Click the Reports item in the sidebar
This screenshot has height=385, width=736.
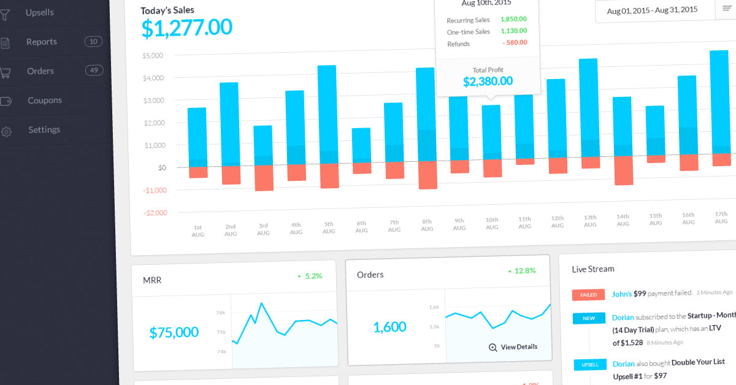pos(42,42)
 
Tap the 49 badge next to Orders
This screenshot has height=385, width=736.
pos(94,71)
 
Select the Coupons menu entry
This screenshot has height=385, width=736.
pos(45,100)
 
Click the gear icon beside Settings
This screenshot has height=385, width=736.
pos(7,131)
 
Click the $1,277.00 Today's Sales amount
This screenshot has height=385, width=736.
pos(186,28)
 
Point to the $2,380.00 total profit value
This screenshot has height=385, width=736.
pos(488,82)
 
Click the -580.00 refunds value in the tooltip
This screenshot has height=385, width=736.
pos(515,43)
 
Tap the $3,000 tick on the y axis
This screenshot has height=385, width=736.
pos(163,100)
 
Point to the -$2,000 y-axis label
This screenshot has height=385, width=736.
pos(156,213)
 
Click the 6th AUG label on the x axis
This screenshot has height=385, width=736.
pos(361,227)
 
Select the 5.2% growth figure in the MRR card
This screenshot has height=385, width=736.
pos(313,276)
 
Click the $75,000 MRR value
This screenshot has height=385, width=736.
pos(174,332)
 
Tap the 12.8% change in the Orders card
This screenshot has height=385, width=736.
pos(525,270)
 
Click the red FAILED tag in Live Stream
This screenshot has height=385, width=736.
pos(588,295)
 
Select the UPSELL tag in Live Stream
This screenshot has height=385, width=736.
pos(590,365)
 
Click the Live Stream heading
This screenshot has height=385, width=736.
pos(592,269)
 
